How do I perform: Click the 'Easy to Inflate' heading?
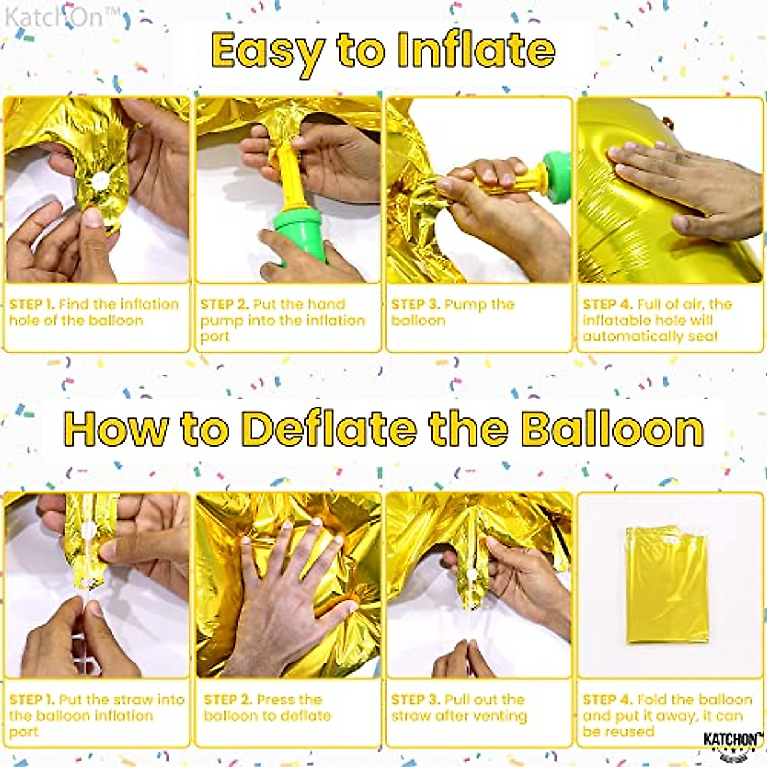tap(383, 51)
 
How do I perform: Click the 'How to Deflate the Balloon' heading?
tap(383, 429)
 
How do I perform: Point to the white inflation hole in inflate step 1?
tap(99, 182)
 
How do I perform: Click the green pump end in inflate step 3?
tap(554, 169)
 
